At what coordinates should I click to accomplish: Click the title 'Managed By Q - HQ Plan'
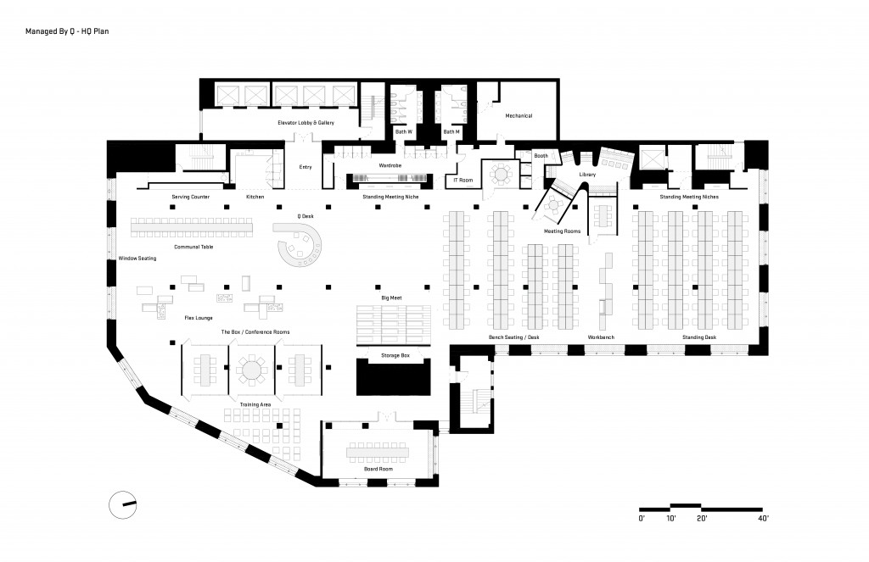(x=67, y=31)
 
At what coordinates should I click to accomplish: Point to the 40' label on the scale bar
(x=763, y=519)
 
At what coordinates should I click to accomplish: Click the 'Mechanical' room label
(x=519, y=116)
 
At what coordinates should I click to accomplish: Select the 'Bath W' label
(x=403, y=131)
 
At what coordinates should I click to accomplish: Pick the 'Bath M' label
(x=451, y=131)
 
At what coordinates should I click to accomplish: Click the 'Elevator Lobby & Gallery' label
(x=306, y=122)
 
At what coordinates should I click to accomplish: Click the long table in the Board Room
(x=378, y=453)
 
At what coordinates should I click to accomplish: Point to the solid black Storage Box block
(x=393, y=376)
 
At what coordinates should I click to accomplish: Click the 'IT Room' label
(x=463, y=180)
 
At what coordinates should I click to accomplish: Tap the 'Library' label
(x=587, y=175)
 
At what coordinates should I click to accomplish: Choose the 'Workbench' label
(x=601, y=337)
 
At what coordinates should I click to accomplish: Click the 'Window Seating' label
(x=137, y=258)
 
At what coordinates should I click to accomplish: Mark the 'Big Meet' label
(x=391, y=298)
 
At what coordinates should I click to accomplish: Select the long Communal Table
(x=191, y=227)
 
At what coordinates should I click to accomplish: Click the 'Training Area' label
(x=255, y=404)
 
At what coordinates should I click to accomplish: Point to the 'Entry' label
(x=306, y=167)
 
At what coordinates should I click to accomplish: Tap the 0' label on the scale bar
(x=642, y=519)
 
